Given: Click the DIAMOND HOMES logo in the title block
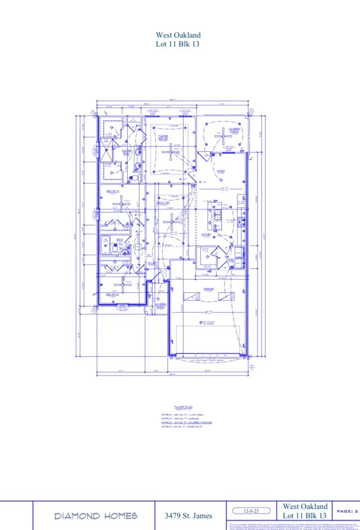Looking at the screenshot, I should (96, 516).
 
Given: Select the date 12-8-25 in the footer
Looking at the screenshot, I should (252, 511).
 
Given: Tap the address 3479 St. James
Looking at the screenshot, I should (188, 516).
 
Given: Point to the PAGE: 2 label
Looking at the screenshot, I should (347, 511).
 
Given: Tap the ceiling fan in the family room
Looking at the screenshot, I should (172, 221).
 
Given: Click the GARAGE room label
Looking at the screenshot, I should (208, 289).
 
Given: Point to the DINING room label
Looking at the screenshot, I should (221, 171).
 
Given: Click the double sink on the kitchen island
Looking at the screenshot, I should (217, 215).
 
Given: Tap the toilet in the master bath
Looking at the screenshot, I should (135, 177).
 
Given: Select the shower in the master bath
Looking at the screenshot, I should (107, 152).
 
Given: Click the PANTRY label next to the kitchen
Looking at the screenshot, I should (205, 250).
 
